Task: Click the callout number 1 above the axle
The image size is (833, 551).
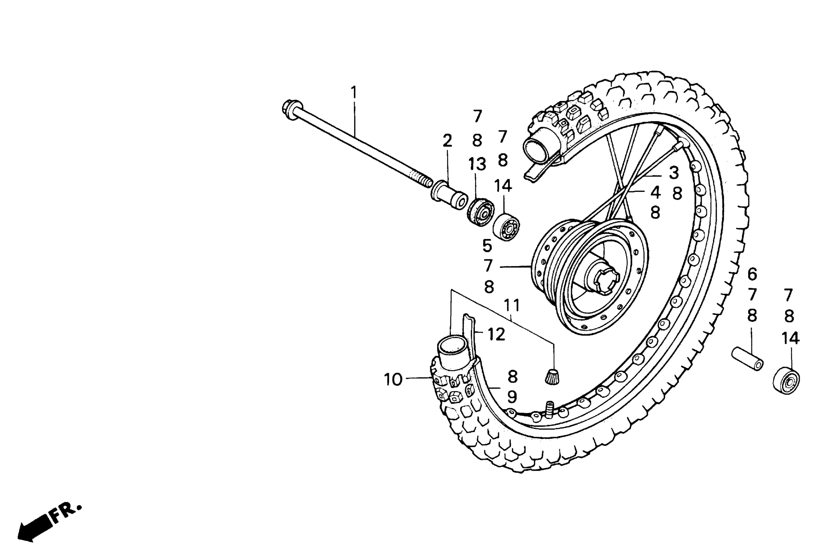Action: tap(354, 93)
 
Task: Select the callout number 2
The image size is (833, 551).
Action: tap(447, 141)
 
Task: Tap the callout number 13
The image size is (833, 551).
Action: tap(477, 164)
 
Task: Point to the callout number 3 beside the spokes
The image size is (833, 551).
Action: tap(674, 173)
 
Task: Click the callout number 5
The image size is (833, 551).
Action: tap(487, 246)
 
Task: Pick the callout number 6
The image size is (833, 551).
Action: tap(752, 274)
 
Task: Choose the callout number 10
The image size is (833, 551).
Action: tap(393, 379)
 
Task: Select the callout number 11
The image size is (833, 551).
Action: tap(512, 305)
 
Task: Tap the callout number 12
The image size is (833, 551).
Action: tap(496, 334)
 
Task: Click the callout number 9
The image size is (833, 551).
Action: tap(512, 397)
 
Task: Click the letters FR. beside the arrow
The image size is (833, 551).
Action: tap(67, 513)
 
